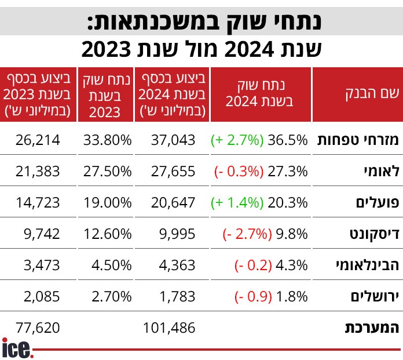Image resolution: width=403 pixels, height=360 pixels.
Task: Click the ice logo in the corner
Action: point(17,347)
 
